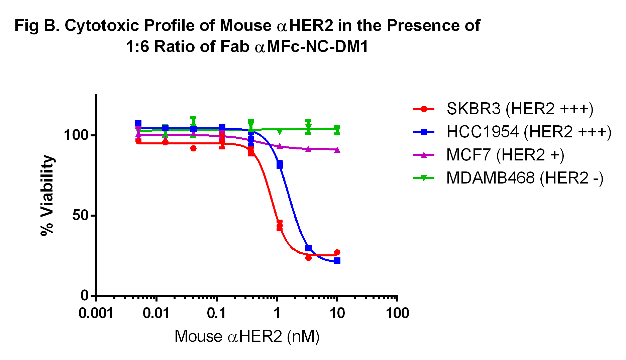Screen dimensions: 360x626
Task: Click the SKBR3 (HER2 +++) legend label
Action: point(520,109)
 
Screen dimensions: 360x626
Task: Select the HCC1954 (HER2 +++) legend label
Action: point(529,132)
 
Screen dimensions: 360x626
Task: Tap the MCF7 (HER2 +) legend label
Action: point(505,155)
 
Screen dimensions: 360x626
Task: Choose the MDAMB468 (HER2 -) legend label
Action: point(525,178)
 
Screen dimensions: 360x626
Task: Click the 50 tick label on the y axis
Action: point(80,215)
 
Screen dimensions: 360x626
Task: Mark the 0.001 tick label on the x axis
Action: point(96,314)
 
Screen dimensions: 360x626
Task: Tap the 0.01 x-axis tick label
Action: point(156,314)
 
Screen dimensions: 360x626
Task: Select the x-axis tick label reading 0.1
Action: point(216,314)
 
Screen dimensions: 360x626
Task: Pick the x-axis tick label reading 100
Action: point(397,314)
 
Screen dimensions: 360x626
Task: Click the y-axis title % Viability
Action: point(47,195)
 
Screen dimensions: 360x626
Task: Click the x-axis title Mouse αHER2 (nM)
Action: point(247,337)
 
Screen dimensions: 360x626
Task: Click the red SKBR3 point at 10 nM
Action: point(337,252)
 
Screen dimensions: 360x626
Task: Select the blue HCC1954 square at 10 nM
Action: point(337,260)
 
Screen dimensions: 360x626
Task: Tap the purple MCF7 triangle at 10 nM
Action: point(337,150)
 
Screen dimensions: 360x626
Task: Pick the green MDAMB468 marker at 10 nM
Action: point(337,129)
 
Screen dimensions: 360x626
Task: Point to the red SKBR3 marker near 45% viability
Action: point(280,226)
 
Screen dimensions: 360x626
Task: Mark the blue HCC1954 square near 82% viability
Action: point(280,164)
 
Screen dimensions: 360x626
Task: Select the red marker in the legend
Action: point(424,109)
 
